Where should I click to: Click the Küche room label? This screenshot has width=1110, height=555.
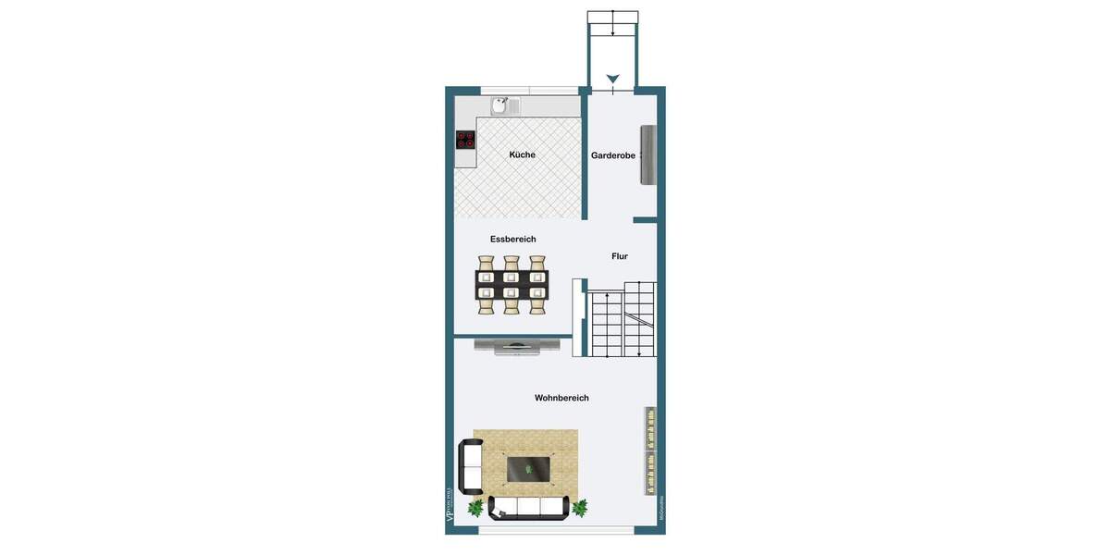pos(522,154)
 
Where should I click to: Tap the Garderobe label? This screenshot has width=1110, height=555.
pos(613,155)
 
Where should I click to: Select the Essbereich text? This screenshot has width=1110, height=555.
pos(513,239)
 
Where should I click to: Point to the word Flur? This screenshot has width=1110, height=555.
pos(620,256)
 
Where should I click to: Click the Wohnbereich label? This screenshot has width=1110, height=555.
pos(561,398)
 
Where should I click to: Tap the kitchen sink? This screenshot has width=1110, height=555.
pos(500,105)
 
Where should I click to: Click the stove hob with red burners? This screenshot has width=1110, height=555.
pos(465,141)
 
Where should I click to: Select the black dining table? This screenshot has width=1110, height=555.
pos(512,284)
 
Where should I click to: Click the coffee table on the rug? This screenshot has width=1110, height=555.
pos(529,469)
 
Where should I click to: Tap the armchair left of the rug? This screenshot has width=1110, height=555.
pos(471,467)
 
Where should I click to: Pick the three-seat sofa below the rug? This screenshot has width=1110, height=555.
pos(529,507)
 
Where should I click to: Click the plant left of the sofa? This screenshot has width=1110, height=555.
pos(475,508)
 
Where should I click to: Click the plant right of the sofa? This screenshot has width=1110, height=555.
pos(580,507)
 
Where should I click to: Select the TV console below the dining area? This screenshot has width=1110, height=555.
pos(516,347)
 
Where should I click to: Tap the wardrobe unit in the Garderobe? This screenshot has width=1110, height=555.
pos(648,154)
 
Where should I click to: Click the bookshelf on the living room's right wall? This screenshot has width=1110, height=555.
pos(650,450)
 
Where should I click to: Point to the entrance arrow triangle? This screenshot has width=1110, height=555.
pos(612,79)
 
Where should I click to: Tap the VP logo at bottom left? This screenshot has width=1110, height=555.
pos(450,506)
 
